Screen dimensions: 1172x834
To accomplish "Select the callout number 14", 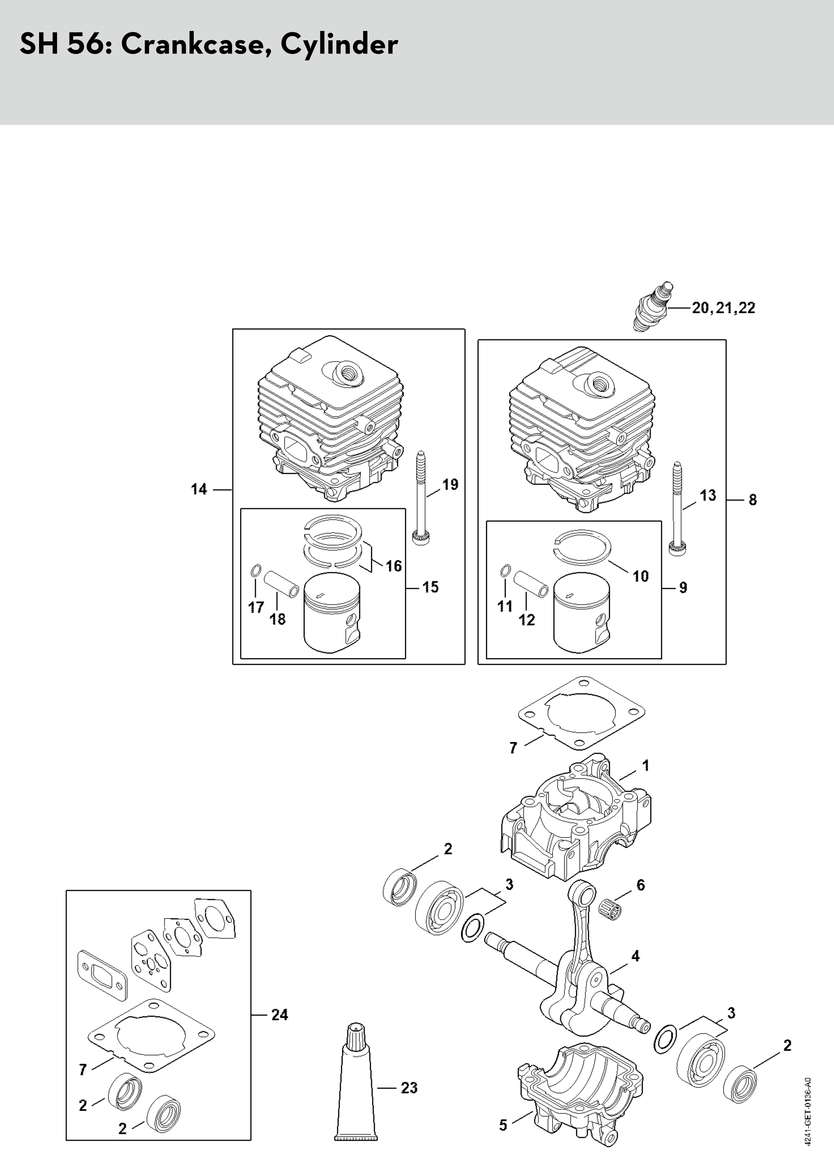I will tap(199, 489).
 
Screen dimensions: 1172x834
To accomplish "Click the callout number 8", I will tap(752, 500).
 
